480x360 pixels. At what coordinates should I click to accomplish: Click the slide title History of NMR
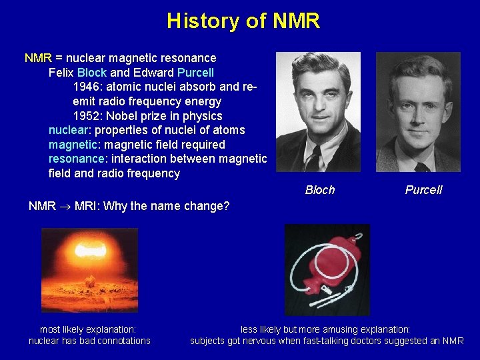click(x=243, y=21)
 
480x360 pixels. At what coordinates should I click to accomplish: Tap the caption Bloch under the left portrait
click(x=320, y=190)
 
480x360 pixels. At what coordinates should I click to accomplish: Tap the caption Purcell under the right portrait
click(x=423, y=190)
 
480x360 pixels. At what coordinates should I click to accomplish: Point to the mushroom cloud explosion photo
click(x=89, y=270)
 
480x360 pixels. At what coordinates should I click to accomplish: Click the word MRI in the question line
click(x=86, y=206)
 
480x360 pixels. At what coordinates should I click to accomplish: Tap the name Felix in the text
click(x=61, y=72)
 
